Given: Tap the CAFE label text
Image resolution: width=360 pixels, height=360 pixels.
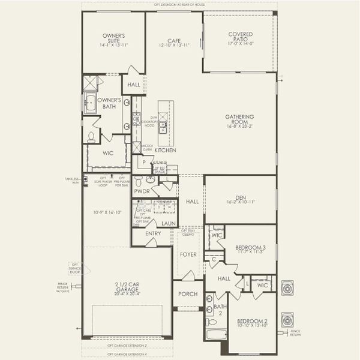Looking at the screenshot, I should tap(174, 39).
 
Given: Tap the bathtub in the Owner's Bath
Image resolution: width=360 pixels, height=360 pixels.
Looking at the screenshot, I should tap(91, 104).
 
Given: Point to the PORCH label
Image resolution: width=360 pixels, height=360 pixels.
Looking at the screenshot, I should tap(188, 294).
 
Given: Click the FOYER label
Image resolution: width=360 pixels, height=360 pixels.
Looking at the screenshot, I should tap(188, 254).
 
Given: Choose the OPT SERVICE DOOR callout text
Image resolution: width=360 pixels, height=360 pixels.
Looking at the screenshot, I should tap(75, 268).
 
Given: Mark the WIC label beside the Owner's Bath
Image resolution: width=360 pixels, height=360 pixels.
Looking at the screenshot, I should tap(108, 153).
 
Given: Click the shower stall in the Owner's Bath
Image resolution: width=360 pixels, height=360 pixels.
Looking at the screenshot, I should tap(91, 82).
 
